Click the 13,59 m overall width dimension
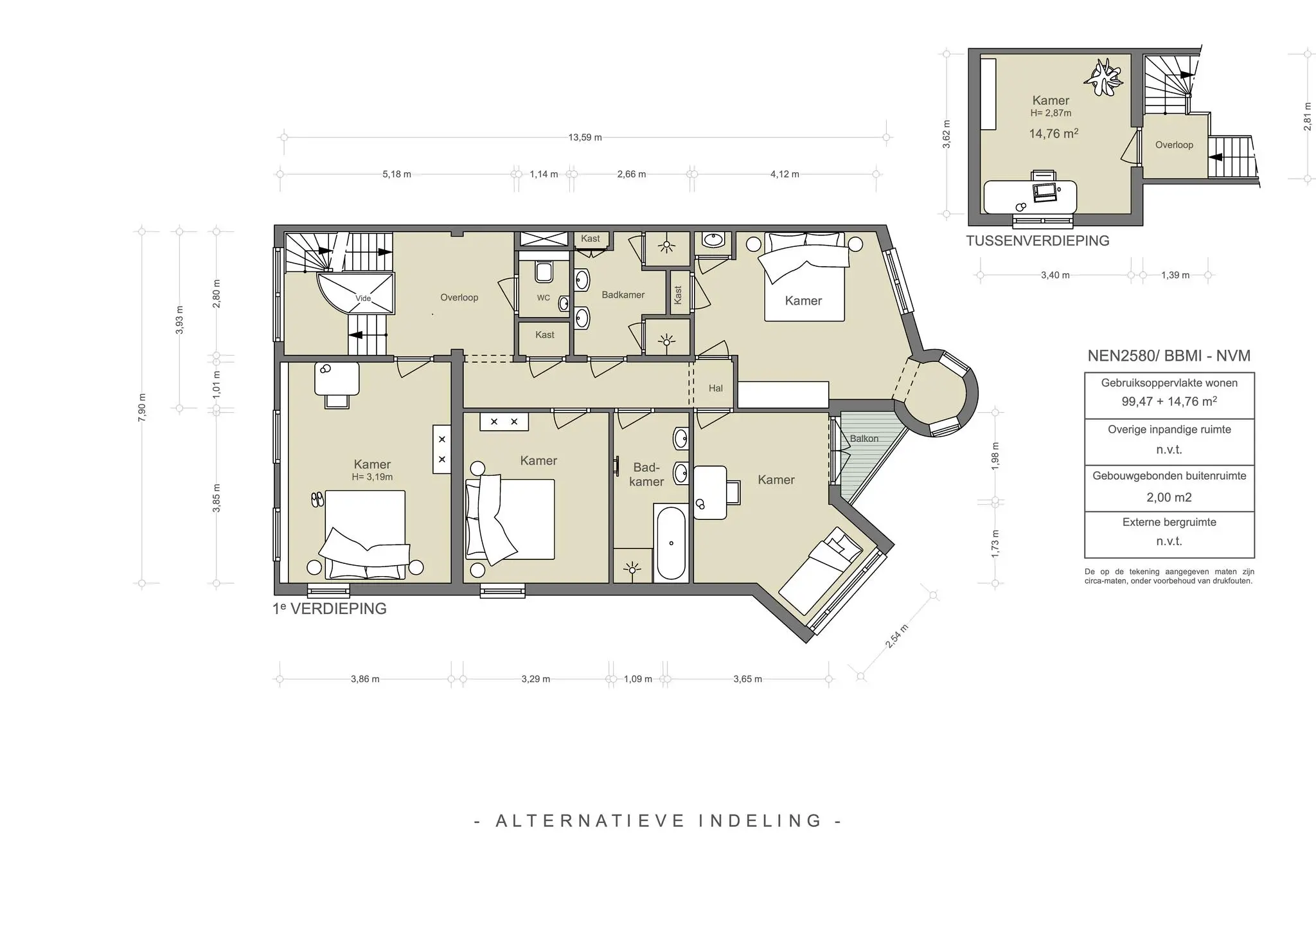point(585,138)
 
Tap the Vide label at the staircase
point(363,298)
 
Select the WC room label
point(544,298)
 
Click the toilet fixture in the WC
point(544,272)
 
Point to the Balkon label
point(864,438)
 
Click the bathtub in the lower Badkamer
point(671,543)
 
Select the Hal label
point(716,388)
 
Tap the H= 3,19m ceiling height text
point(372,477)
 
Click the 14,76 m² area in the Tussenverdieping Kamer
point(1053,134)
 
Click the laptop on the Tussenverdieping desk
point(1045,191)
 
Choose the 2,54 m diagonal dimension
point(896,637)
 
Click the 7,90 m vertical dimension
point(142,406)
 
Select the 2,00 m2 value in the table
point(1169,497)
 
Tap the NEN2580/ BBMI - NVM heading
point(1168,356)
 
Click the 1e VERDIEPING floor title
point(330,609)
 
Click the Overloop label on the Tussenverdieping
point(1174,145)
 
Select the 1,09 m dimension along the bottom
point(638,679)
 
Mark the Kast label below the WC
point(545,334)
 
